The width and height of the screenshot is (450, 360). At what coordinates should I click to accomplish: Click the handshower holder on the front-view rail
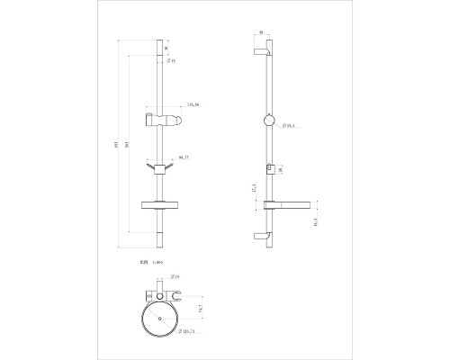coord(163,121)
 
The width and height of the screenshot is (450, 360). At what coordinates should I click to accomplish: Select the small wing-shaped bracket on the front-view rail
coord(159,167)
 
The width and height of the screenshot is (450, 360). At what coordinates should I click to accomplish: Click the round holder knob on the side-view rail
coord(270,123)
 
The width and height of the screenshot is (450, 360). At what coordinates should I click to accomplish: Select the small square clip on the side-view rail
coord(270,167)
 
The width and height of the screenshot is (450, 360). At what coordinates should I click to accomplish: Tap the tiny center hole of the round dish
coord(159,319)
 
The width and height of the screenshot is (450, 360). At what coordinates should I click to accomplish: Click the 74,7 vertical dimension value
coord(202,308)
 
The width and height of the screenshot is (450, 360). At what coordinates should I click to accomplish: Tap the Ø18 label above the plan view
coord(175,278)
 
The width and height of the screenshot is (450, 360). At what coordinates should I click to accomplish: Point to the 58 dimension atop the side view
coord(261,33)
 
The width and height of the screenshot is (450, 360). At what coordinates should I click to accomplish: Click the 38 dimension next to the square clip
coord(282,168)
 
